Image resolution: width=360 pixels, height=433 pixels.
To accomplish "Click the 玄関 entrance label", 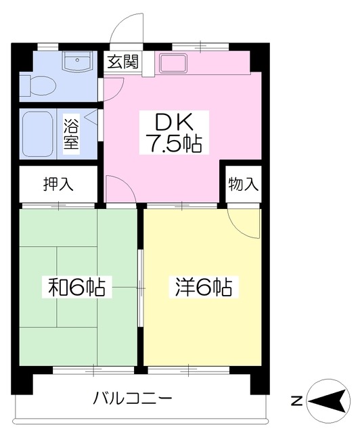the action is (x=123, y=62).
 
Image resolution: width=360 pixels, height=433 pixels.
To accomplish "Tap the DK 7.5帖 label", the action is (x=174, y=133).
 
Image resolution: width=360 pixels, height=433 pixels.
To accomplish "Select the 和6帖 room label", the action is (x=77, y=287).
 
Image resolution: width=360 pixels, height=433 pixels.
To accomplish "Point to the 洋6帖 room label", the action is (x=204, y=287).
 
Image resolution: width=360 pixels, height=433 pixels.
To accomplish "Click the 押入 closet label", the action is (x=58, y=183).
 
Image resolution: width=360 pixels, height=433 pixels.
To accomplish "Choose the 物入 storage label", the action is (x=243, y=183).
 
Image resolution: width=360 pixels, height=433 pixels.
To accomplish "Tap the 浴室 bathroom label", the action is (x=71, y=134).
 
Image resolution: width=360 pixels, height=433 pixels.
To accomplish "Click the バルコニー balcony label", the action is (x=133, y=398).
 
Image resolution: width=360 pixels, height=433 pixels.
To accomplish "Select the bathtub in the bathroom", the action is (x=38, y=134).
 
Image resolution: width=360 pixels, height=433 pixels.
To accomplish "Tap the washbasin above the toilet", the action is (x=77, y=62).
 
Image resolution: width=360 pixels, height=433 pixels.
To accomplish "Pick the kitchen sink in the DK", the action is (x=173, y=63).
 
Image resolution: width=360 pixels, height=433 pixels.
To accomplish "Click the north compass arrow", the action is (x=328, y=401).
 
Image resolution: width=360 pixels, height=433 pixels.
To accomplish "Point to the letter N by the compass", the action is (x=297, y=401).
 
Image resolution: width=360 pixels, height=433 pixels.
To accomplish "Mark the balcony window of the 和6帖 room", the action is (x=93, y=370).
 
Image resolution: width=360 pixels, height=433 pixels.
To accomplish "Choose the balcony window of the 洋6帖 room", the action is (x=189, y=370).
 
